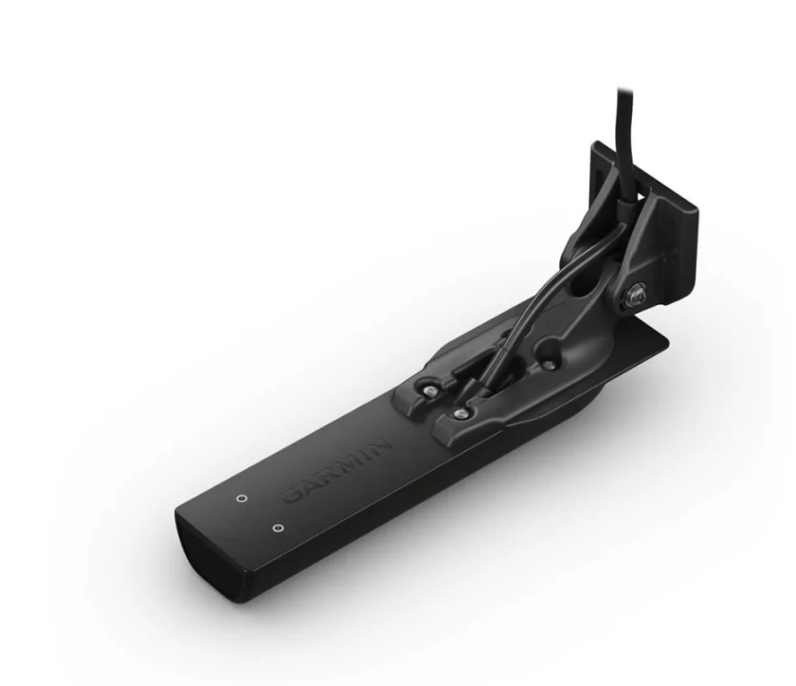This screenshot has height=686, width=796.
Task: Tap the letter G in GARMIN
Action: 293,495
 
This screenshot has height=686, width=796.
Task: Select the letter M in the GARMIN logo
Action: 347,461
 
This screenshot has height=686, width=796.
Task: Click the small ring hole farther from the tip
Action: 240,496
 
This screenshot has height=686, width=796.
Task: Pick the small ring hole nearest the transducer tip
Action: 277,528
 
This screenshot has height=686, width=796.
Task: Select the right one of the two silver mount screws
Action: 461,414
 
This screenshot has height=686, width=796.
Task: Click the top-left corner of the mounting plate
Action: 594,146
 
